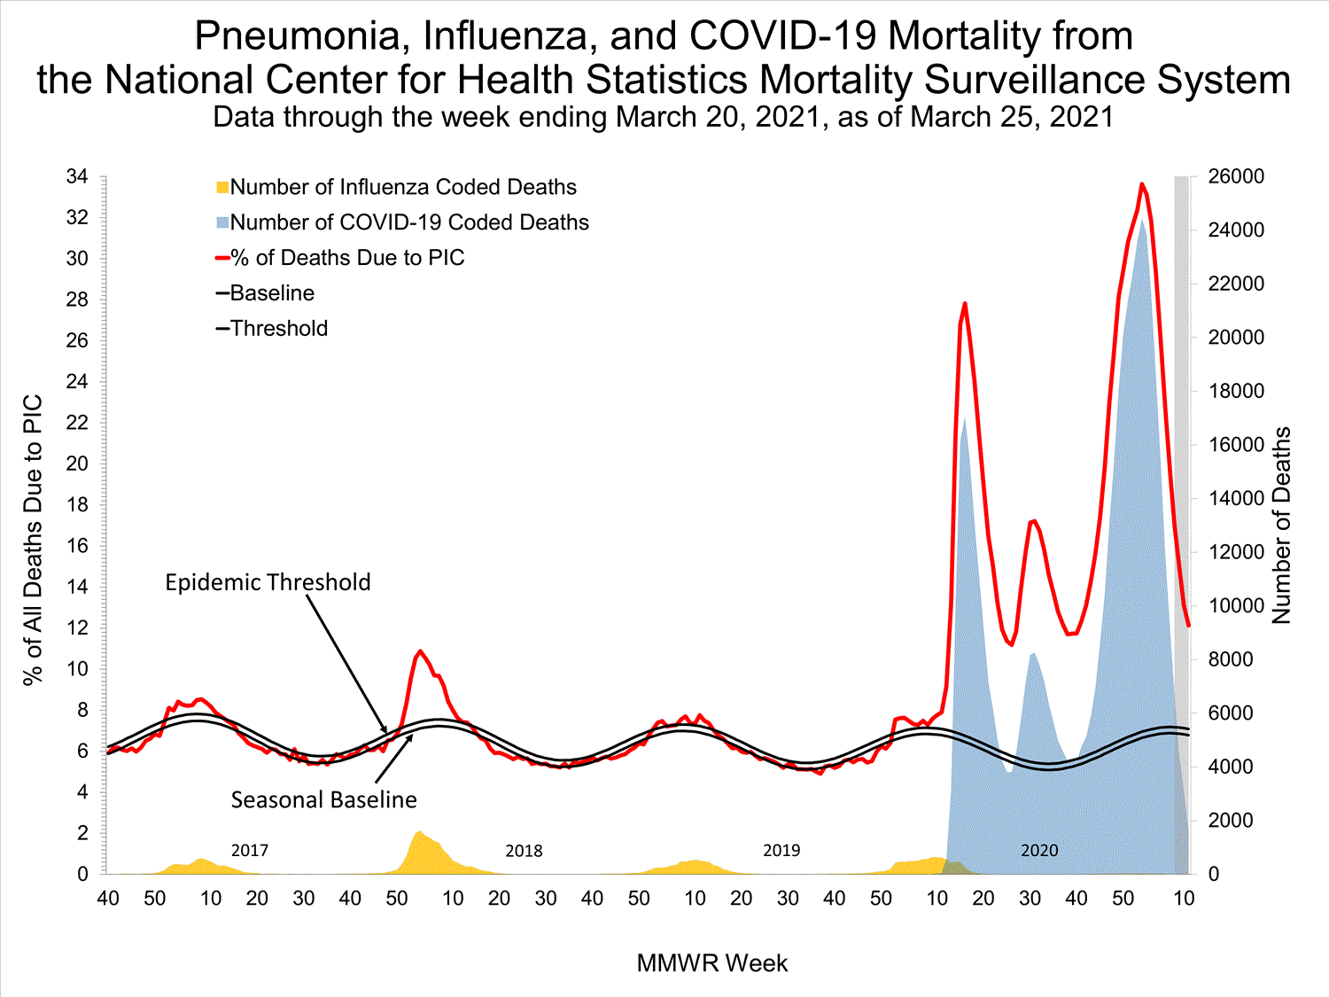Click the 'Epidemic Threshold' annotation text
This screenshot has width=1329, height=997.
(268, 582)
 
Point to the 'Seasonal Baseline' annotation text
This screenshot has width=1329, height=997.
(323, 800)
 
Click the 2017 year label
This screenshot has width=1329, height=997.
(250, 851)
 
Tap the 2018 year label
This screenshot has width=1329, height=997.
(524, 851)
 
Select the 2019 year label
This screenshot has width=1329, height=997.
(781, 851)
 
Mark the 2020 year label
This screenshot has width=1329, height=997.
(1039, 851)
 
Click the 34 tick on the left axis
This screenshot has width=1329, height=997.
(78, 177)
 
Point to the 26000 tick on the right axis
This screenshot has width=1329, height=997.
(1236, 176)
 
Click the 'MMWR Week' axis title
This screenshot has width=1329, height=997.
(711, 963)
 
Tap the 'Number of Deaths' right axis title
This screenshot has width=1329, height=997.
(1282, 526)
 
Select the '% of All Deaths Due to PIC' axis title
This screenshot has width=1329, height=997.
(33, 541)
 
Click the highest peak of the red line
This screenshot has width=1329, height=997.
(1141, 184)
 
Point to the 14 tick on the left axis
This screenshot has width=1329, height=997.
(78, 587)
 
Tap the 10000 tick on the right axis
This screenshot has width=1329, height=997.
(1236, 606)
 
